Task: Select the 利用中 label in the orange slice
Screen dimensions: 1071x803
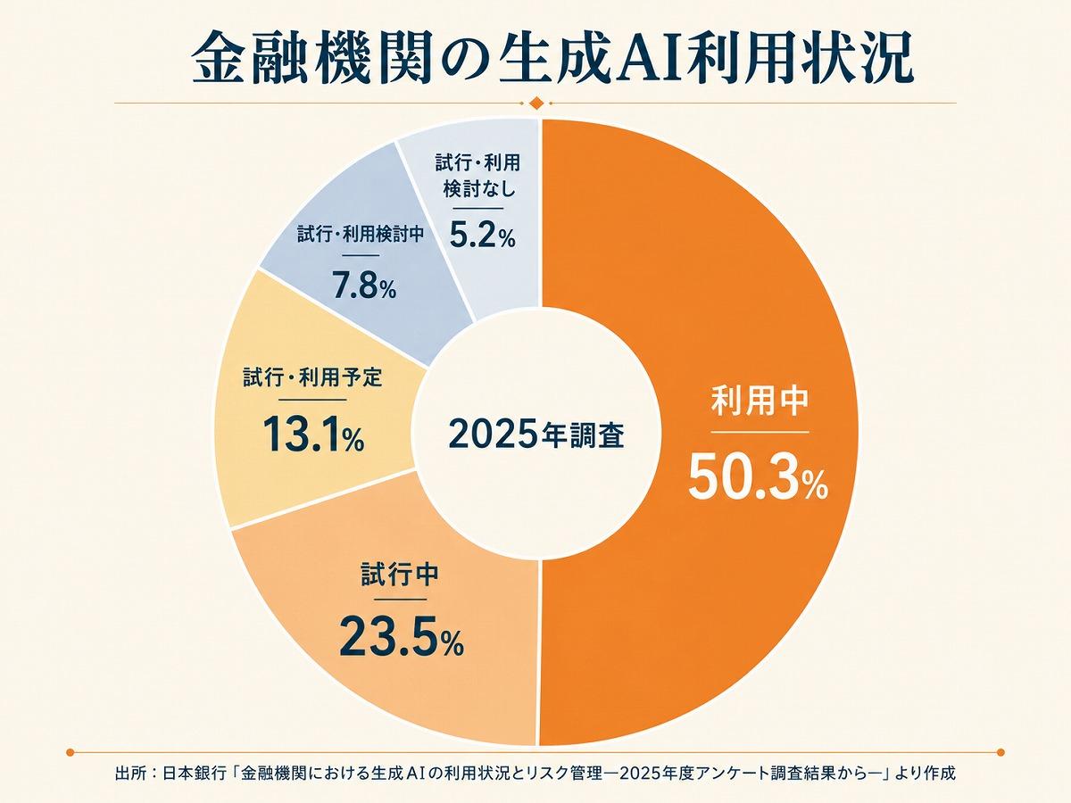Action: point(760,401)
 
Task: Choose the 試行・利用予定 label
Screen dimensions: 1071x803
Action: point(312,377)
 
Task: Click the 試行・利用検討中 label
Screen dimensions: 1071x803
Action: point(361,235)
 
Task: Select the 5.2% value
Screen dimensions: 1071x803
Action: point(482,235)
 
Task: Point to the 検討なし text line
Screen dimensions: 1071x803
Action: point(479,188)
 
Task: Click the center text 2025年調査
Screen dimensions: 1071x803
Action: point(536,435)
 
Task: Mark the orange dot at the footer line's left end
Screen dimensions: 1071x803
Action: point(70,752)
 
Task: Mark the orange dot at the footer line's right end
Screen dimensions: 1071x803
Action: point(1001,752)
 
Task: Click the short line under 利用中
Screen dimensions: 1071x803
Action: point(760,432)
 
